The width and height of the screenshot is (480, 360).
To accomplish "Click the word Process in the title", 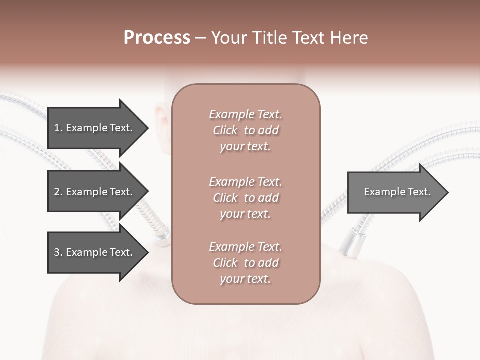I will pyautogui.click(x=157, y=38).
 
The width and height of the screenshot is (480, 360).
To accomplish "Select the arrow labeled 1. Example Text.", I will pyautogui.click(x=95, y=128).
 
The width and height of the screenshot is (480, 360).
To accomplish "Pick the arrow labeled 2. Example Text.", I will pyautogui.click(x=95, y=192).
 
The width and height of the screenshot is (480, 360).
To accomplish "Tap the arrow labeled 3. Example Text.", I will pyautogui.click(x=95, y=252).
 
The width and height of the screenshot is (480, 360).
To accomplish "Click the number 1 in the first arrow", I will pyautogui.click(x=56, y=128).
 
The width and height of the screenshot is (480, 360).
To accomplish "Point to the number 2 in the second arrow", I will pyautogui.click(x=56, y=192).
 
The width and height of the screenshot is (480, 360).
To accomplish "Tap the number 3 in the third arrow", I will pyautogui.click(x=56, y=252).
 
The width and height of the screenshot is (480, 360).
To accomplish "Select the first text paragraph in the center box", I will pyautogui.click(x=245, y=130).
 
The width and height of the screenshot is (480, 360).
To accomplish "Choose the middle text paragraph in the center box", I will pyautogui.click(x=245, y=198).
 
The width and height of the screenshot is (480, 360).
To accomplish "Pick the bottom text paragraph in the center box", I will pyautogui.click(x=245, y=263).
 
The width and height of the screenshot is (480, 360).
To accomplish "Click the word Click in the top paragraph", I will pyautogui.click(x=225, y=130).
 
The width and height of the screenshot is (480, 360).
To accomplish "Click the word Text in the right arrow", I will pyautogui.click(x=419, y=192).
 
